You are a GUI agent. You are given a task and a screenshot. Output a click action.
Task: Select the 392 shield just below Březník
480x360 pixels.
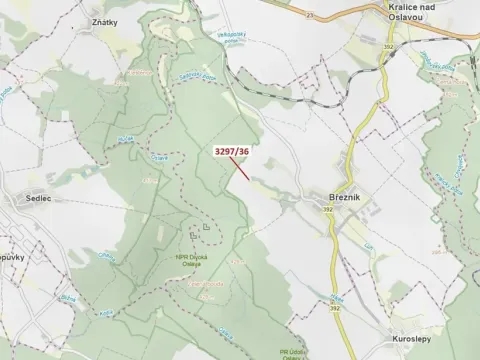point(331,210)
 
